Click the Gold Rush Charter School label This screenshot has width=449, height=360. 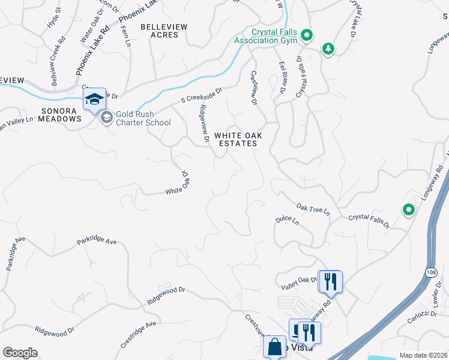(143, 118)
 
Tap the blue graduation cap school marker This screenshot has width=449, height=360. (94, 99)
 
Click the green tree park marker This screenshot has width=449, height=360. (328, 48)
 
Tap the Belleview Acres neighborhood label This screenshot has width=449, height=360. (164, 31)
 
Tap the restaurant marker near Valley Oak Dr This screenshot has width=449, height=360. (330, 281)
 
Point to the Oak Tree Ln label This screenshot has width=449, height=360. (312, 209)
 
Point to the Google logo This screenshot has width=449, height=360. (20, 353)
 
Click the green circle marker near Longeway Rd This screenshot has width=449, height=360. (409, 210)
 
